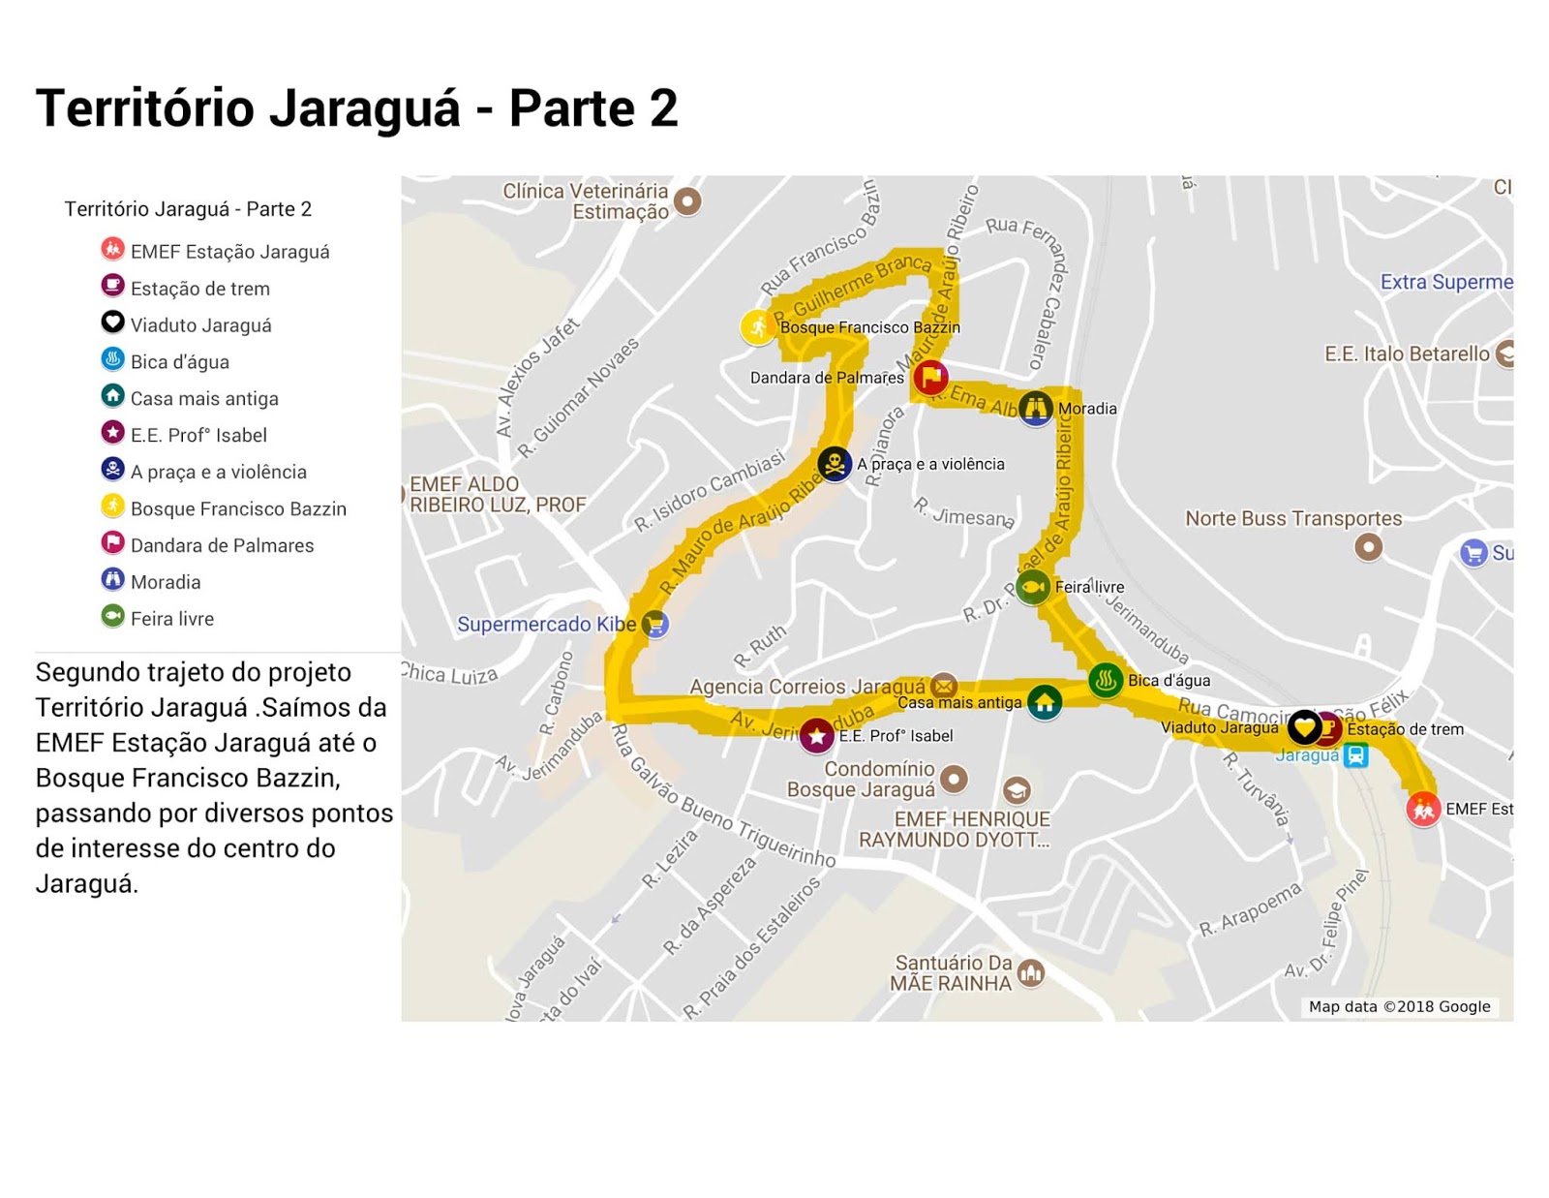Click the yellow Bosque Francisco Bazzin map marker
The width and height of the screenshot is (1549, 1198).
coord(757,327)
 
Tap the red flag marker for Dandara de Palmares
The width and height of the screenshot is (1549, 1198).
coord(930,377)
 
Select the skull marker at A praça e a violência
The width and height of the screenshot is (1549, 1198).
coord(835,464)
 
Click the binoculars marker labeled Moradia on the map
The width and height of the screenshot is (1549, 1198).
coord(1036,408)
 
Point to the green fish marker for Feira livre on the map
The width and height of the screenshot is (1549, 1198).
coord(1033,587)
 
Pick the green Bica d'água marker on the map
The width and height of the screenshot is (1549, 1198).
coord(1106,680)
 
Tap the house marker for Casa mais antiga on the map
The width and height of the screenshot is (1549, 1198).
coord(1044,702)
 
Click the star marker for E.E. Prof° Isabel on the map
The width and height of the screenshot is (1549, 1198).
coord(817,736)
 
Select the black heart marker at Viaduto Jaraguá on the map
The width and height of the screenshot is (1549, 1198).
coord(1304,725)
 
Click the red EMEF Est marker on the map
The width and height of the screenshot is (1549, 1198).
coord(1423,809)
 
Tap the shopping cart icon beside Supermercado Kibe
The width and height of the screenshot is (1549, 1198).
coord(655,624)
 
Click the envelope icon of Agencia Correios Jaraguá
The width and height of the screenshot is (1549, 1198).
coord(944,686)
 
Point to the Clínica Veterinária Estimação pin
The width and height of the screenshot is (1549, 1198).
coord(687,200)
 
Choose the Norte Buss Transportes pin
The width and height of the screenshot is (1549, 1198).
coord(1368,547)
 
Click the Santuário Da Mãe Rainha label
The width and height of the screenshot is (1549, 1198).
coord(952,972)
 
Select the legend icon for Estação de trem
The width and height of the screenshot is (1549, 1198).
coord(113,286)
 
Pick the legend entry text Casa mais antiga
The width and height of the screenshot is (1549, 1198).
coord(204,398)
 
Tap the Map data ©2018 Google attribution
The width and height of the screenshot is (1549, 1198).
coord(1399,1006)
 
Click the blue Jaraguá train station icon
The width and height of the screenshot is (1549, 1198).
coord(1356,754)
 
